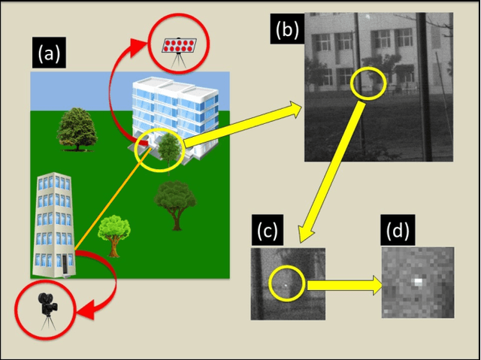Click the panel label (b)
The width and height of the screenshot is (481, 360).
(288, 29)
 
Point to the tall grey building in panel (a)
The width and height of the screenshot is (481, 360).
(54, 224)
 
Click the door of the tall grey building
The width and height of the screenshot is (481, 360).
(65, 265)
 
